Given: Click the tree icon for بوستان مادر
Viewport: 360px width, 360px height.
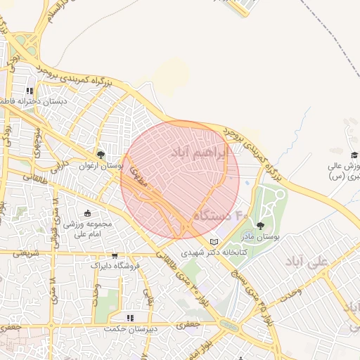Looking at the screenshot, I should click(x=261, y=226).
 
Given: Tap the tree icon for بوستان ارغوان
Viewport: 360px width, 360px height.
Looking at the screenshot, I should click(x=101, y=155).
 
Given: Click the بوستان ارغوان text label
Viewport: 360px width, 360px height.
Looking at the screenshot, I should click(x=101, y=167).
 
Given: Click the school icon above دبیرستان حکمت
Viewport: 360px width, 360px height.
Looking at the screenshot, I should click(x=129, y=318).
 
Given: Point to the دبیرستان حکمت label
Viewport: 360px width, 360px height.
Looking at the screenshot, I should click(x=129, y=329).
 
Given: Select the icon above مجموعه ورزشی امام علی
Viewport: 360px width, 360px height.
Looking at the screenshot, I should click(x=86, y=214).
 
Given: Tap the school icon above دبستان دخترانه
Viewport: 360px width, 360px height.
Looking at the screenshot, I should click(x=30, y=91).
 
